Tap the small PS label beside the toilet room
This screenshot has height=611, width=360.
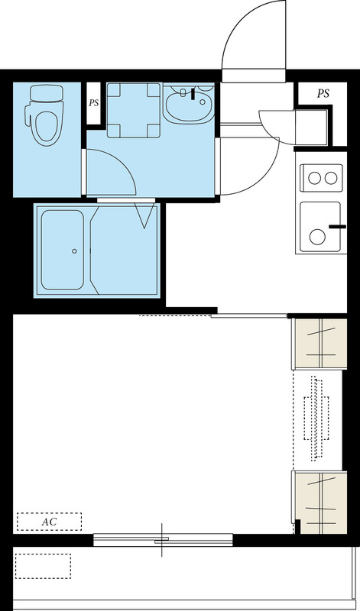click(93, 103)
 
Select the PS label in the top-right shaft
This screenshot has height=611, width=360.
click(323, 93)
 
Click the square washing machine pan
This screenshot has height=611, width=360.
click(134, 110)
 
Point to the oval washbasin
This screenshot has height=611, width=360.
click(188, 104)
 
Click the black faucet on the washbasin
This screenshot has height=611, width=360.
click(193, 94)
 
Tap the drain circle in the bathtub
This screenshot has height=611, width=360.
click(74, 251)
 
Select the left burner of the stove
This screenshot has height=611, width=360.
click(314, 178)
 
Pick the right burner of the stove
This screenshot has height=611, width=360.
click(331, 178)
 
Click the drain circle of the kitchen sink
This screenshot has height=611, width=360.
click(317, 237)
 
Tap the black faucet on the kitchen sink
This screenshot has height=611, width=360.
click(337, 226)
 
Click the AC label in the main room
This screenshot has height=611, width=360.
click(49, 522)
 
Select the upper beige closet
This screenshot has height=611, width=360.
click(319, 344)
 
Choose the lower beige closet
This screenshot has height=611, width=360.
click(320, 503)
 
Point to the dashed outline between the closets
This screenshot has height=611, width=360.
click(316, 419)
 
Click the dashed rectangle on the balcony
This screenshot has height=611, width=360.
click(43, 566)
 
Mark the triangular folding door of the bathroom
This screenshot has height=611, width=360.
click(144, 215)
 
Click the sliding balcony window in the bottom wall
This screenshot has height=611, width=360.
click(163, 540)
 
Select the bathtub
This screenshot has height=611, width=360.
click(63, 251)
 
